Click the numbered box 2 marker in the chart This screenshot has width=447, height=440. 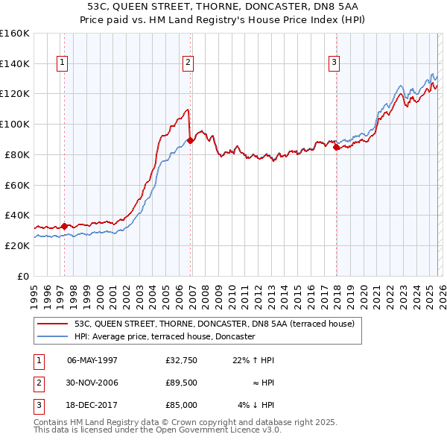[x=188, y=63]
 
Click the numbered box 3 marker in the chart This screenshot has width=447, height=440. [x=335, y=63]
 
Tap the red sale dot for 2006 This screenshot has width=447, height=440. [x=191, y=139]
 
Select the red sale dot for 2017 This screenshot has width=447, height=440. [x=336, y=147]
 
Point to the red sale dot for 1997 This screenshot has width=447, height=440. [x=64, y=226]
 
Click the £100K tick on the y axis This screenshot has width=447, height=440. [x=15, y=124]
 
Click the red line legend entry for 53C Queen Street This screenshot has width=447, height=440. [x=218, y=324]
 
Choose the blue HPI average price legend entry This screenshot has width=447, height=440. [x=165, y=337]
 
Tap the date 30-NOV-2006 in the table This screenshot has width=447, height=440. [x=92, y=383]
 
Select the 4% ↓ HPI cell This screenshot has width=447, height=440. [x=256, y=405]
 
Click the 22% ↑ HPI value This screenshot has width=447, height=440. [x=253, y=360]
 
